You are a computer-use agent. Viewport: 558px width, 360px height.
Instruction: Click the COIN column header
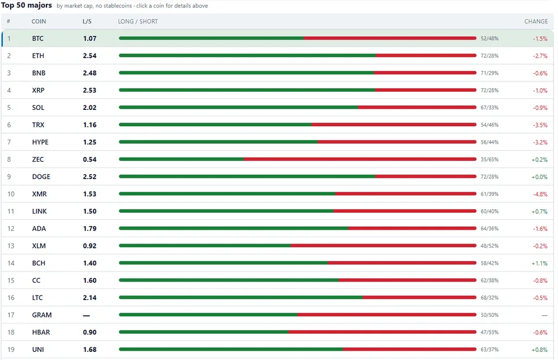(39, 22)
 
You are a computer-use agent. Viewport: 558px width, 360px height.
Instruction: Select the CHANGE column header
(536, 22)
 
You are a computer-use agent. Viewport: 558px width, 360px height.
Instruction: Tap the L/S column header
(87, 22)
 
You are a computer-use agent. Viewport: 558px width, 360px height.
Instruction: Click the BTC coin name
(38, 38)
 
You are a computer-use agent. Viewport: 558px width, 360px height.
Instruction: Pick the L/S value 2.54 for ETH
(90, 56)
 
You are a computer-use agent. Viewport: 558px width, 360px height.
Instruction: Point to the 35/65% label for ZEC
(489, 159)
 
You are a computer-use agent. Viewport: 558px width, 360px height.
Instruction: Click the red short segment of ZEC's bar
(360, 159)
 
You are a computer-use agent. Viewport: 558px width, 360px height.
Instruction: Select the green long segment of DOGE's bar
(247, 176)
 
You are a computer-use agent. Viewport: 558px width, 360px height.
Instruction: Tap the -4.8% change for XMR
(540, 194)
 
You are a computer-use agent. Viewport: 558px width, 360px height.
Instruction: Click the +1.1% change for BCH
(539, 263)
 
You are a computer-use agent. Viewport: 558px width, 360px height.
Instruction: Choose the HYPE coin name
(40, 142)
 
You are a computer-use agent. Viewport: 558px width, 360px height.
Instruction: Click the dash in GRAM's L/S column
(87, 315)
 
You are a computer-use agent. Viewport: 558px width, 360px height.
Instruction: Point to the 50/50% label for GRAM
(489, 315)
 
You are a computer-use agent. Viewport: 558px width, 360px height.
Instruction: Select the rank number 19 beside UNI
(11, 350)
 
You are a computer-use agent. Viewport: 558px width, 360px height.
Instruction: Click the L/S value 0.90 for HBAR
(90, 332)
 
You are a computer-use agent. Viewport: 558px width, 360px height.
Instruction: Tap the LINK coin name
(39, 211)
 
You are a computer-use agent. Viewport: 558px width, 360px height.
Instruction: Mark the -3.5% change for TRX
(540, 125)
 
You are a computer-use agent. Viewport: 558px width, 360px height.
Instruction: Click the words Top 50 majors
(27, 5)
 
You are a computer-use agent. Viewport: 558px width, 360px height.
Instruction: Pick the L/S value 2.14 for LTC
(90, 298)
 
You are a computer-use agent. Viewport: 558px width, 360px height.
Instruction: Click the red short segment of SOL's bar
(417, 107)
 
